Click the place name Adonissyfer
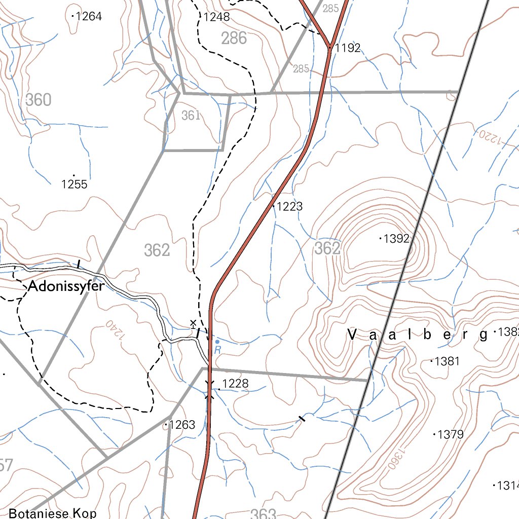point(66,287)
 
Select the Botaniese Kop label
point(53,513)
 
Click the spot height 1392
point(396,239)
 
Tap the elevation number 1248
point(217,17)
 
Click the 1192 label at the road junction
point(348,48)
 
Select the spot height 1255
point(74,184)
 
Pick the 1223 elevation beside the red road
point(289,206)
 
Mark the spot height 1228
point(236,384)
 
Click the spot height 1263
point(182,425)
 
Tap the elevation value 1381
point(447,361)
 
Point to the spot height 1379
point(451,434)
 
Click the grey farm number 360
point(39,100)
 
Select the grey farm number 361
point(191,116)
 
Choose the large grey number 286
point(234,38)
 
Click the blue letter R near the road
point(217,350)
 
